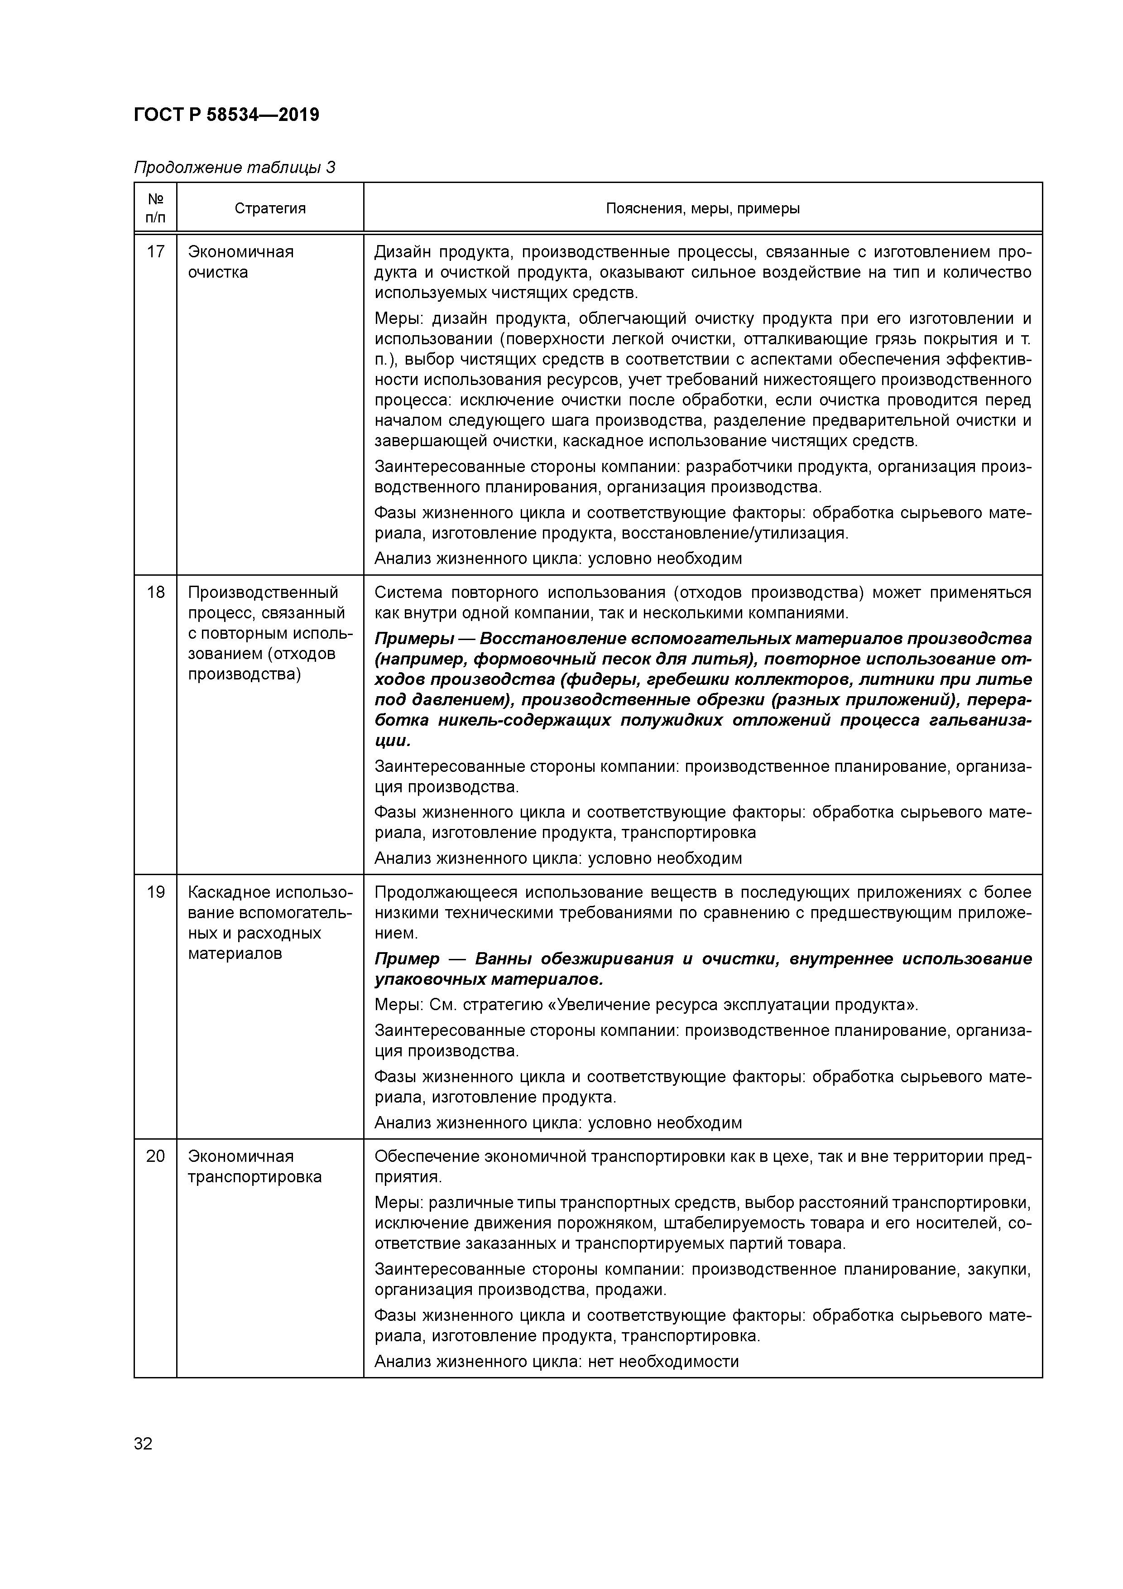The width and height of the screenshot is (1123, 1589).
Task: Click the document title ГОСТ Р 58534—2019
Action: pos(226,115)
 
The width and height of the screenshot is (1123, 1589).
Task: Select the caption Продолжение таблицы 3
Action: pos(234,168)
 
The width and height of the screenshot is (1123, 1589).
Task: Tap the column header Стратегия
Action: pos(270,208)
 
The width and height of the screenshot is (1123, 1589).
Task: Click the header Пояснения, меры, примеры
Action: pos(702,208)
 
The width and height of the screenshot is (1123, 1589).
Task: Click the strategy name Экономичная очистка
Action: pos(241,262)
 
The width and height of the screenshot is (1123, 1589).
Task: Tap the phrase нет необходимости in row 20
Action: pos(663,1361)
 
